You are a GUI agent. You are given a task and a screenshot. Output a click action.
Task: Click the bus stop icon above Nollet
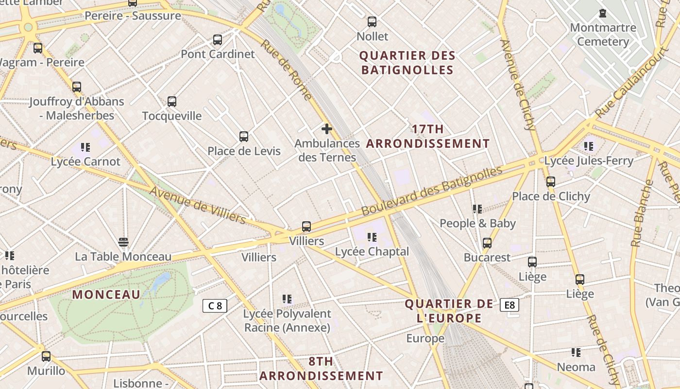point(372,22)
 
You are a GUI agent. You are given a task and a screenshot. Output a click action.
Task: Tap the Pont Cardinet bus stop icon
point(218,40)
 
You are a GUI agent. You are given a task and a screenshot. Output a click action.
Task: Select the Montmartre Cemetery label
point(603,34)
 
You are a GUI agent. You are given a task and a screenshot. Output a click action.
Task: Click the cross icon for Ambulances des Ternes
point(327,129)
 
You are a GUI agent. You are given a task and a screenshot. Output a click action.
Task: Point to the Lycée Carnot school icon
point(85,147)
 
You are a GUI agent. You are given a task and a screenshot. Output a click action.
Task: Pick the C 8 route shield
point(215,305)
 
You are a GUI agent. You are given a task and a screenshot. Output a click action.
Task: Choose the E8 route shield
point(509,305)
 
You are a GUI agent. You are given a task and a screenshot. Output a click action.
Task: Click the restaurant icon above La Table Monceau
point(123,242)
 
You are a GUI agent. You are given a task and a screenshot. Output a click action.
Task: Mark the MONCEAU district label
point(106,294)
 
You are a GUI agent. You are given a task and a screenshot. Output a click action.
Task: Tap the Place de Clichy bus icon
point(550,182)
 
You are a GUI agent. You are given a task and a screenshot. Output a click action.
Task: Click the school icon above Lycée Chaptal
point(372,237)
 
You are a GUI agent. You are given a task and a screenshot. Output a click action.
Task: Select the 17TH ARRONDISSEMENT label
point(427,136)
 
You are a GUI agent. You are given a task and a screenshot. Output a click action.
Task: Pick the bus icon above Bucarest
point(487,243)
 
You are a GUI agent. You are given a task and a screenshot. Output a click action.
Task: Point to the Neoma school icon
point(576,353)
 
